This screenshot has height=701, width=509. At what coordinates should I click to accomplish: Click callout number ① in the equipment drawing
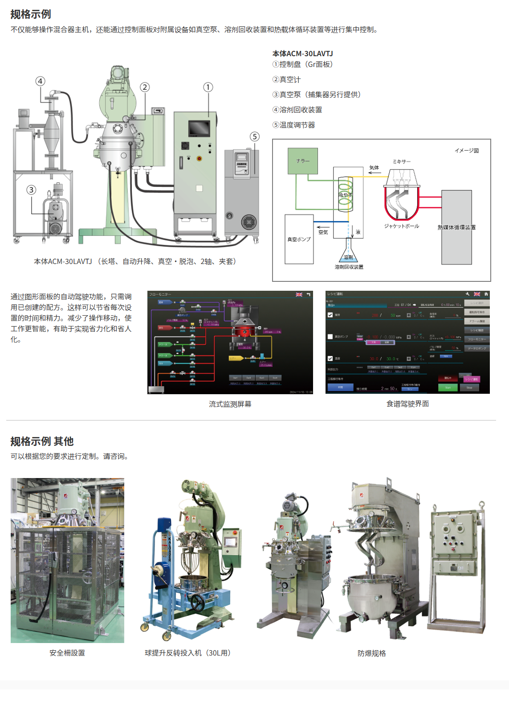[x=208, y=87]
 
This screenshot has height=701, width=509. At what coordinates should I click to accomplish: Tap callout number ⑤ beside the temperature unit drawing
[x=254, y=136]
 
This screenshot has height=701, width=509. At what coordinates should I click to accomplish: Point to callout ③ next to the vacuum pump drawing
[x=31, y=190]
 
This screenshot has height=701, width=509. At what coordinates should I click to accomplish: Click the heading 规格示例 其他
[x=42, y=441]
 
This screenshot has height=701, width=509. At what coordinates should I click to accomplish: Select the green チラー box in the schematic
[x=303, y=161]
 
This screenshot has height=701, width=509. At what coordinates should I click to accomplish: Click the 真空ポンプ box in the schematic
[x=299, y=239]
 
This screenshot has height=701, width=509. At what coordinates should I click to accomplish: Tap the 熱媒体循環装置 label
[x=456, y=227]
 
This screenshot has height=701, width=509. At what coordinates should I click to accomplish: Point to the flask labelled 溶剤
[x=348, y=252]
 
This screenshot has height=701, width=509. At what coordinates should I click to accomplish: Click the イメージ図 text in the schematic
[x=467, y=151]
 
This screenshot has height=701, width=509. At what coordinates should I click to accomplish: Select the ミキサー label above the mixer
[x=401, y=161]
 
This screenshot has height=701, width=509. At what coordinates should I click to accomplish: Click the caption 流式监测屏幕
[x=230, y=404]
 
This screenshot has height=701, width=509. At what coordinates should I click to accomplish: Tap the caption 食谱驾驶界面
[x=407, y=404]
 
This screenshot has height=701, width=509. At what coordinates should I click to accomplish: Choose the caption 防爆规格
[x=371, y=653]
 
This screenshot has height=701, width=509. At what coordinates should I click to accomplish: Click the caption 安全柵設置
[x=67, y=653]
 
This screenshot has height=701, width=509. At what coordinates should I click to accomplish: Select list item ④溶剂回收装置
[x=297, y=110]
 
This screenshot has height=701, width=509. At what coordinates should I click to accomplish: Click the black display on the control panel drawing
[x=199, y=128]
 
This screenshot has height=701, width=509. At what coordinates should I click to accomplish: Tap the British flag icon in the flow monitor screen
[x=299, y=295]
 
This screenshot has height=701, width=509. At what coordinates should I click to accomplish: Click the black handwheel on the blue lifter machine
[x=197, y=603]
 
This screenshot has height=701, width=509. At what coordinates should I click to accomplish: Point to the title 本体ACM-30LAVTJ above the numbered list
[x=303, y=54]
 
